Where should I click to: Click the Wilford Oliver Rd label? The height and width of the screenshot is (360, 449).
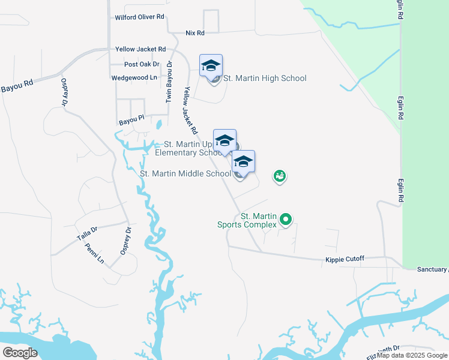[140, 17]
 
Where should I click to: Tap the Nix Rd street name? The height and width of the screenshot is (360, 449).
[195, 32]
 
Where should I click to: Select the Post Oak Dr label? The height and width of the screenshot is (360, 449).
[142, 64]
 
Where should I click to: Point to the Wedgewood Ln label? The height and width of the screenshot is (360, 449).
[134, 78]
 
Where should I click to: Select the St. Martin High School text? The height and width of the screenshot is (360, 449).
[265, 79]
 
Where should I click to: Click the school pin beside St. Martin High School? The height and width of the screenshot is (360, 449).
[211, 65]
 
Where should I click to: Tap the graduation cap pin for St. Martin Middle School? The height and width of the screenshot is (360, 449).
[243, 161]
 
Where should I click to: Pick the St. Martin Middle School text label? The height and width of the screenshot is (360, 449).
[185, 174]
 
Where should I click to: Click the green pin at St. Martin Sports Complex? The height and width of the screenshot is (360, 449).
[286, 220]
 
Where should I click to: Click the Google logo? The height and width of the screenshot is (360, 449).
[20, 352]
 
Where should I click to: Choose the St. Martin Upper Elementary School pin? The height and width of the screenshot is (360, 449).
[224, 141]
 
